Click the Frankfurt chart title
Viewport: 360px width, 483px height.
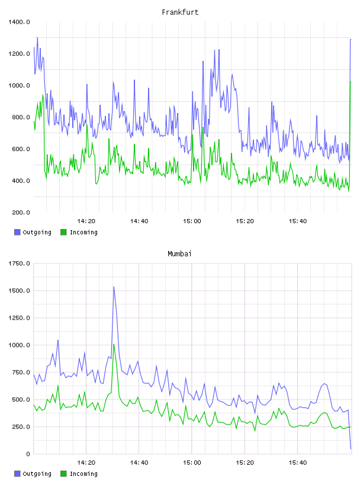(x=180, y=12)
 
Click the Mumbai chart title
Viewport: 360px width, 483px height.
(x=179, y=254)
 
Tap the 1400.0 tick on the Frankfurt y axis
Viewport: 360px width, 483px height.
(x=19, y=22)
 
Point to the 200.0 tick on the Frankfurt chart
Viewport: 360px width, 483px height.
(x=21, y=212)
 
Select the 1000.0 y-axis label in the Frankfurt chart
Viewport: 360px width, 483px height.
(x=19, y=86)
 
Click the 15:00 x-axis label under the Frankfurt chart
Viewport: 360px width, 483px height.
(x=192, y=221)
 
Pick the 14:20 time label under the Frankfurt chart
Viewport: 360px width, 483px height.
(x=86, y=221)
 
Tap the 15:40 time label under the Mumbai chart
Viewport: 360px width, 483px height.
(x=298, y=463)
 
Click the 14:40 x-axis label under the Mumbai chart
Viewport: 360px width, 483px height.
(x=139, y=463)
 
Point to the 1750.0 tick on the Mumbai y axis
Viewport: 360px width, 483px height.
(x=19, y=263)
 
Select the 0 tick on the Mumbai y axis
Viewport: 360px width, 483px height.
(x=28, y=454)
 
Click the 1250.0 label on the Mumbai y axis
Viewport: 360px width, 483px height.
(x=19, y=318)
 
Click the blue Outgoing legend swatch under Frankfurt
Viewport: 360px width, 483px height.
(x=17, y=232)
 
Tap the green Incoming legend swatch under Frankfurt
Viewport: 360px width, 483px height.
(x=63, y=232)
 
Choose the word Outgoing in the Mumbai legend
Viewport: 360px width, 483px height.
(x=37, y=474)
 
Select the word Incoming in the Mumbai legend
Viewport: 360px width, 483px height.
(x=83, y=474)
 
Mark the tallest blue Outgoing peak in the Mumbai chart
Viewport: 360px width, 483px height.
(x=114, y=286)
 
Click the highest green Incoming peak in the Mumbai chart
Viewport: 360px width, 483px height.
(x=114, y=344)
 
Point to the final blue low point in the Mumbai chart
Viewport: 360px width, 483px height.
(x=351, y=449)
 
